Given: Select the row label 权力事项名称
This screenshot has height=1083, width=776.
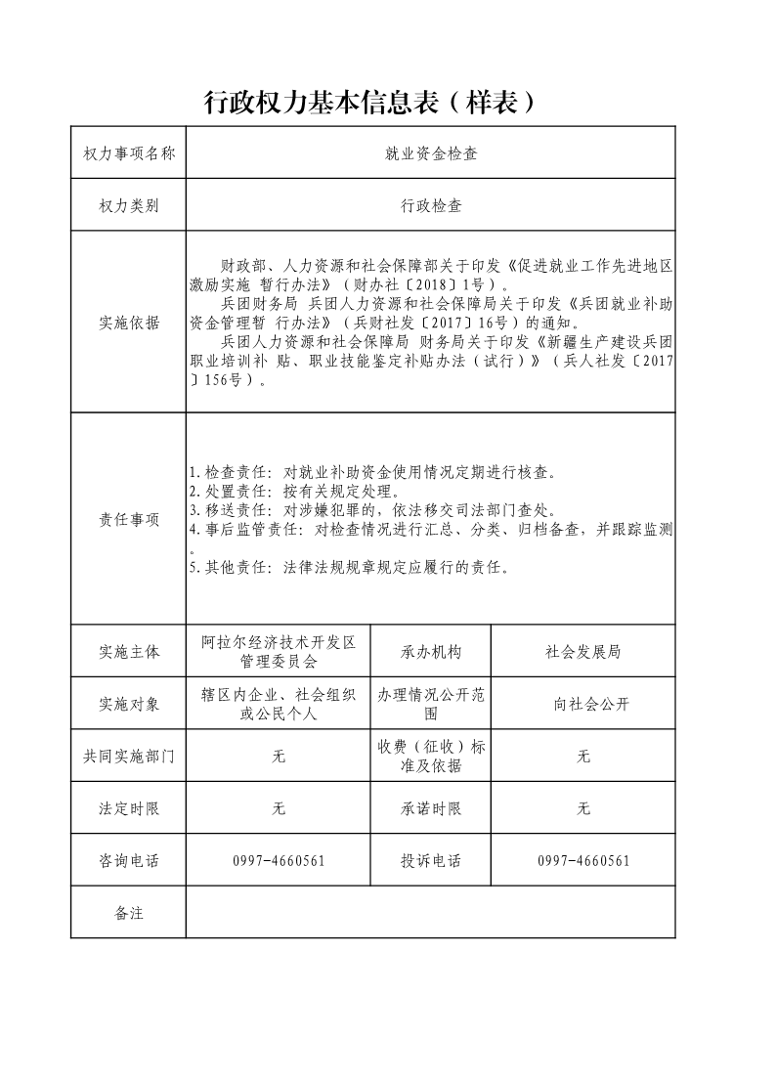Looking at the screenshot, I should coord(129,153).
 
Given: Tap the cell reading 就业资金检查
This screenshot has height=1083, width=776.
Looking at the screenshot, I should coord(430,153).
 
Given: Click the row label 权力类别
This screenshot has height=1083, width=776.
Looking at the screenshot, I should coord(129,206).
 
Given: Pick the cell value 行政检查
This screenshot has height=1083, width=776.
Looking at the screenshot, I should coord(430,206).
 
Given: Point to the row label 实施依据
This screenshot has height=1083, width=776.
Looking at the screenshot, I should coord(129,324).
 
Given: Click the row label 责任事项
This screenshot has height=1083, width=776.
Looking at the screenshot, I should coord(129,520).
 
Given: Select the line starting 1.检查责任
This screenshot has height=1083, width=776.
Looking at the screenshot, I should coord(372,473).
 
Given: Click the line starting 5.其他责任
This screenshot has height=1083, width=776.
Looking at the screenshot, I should coord(349,567).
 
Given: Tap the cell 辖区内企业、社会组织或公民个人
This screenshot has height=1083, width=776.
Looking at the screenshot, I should coord(279,705).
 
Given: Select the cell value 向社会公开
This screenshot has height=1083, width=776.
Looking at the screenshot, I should coord(583,705).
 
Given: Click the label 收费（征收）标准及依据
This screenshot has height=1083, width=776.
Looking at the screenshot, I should coord(430,757).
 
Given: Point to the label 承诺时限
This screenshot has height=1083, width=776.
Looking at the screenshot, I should coord(430,809).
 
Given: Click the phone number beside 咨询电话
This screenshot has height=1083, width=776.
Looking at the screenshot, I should coord(279,861).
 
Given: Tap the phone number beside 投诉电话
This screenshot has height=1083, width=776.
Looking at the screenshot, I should coord(583,861).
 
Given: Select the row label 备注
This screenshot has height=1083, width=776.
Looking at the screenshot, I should coord(129,914).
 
